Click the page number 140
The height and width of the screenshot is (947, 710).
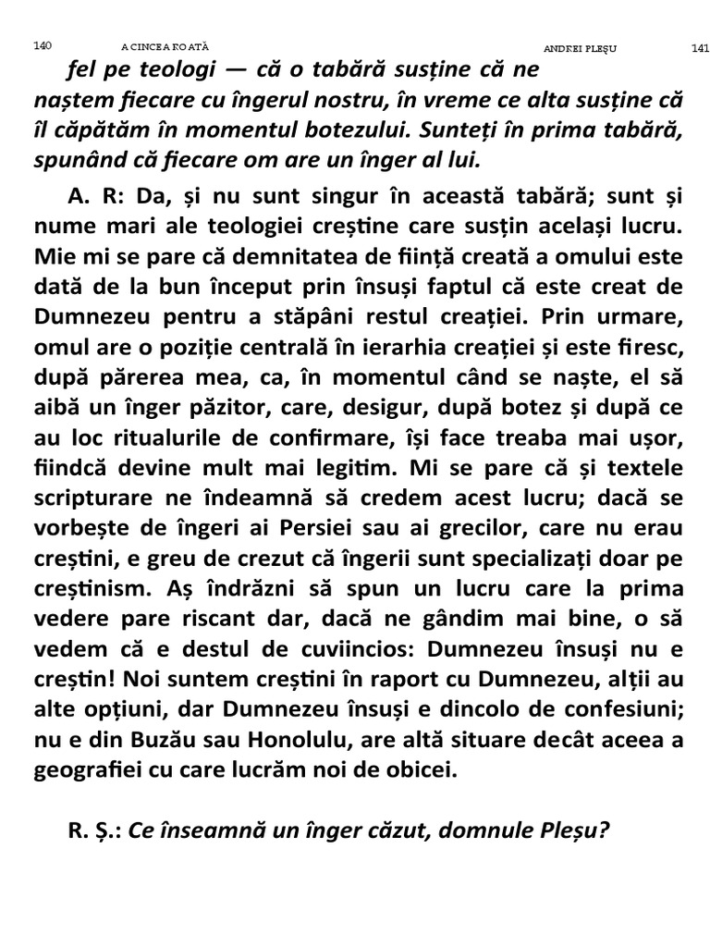(42, 44)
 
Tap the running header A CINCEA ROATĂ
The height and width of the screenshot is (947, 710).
(166, 45)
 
